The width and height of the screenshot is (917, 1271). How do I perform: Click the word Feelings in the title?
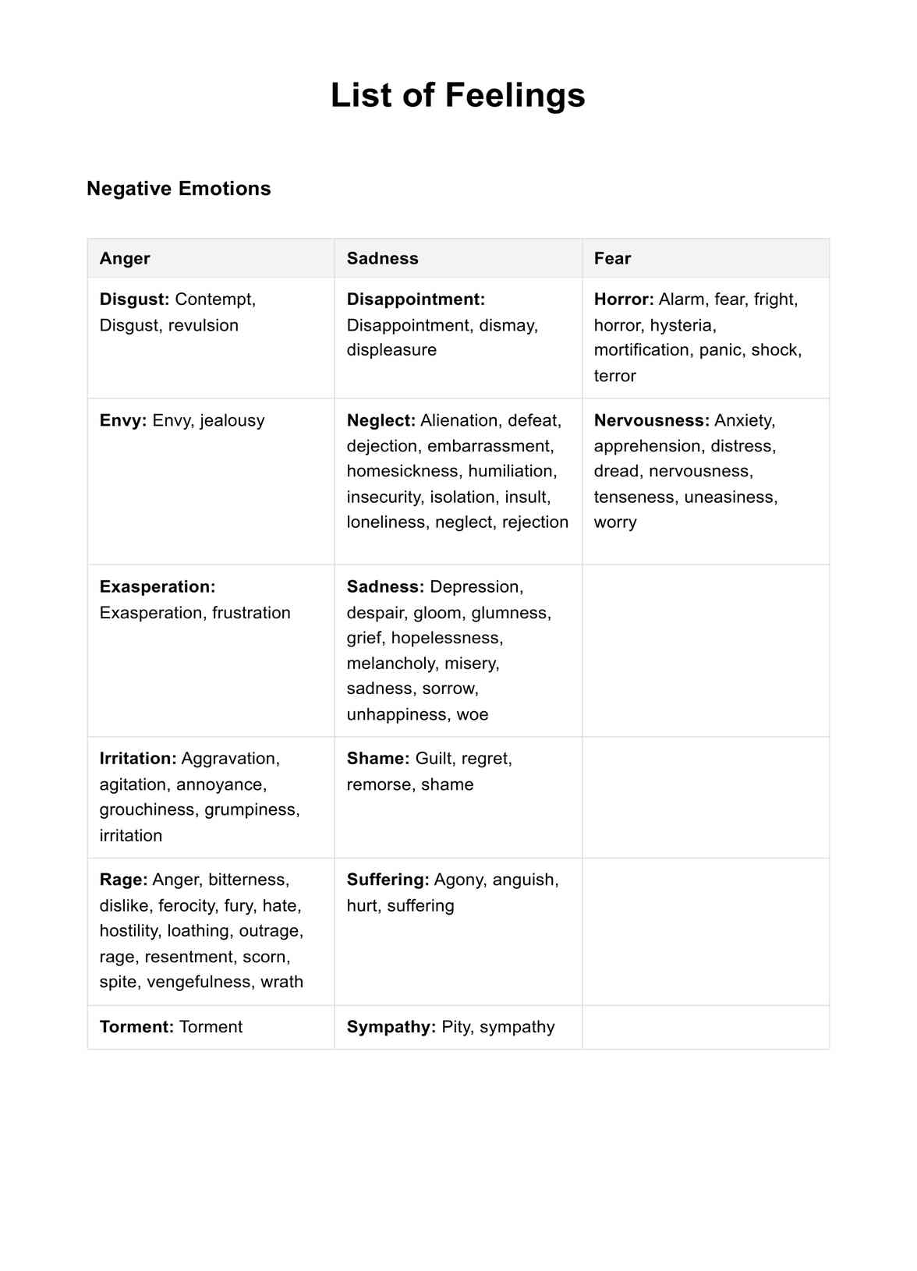pos(515,95)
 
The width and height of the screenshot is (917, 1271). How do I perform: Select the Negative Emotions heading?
pos(179,189)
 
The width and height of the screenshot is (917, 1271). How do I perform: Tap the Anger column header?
pos(125,258)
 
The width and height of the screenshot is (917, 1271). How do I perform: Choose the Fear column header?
pos(612,258)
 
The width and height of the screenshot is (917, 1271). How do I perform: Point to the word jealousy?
pos(232,420)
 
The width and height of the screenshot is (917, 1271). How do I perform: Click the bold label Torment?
pos(136,1027)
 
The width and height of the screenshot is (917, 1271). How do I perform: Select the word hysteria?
pos(682,325)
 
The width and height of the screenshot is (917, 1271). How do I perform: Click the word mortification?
pos(642,350)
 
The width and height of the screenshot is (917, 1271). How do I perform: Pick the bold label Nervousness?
pos(652,420)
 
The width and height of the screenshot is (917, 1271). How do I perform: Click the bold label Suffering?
pos(388,880)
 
